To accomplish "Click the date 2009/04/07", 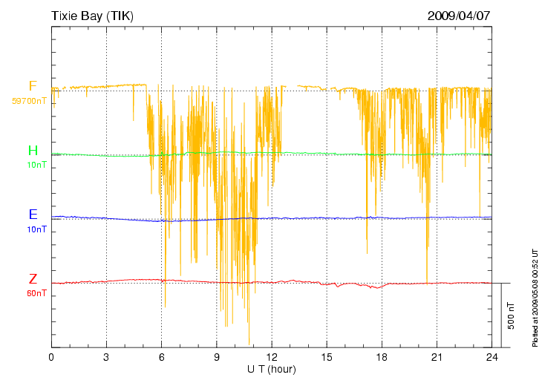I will (x=459, y=16).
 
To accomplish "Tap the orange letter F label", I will (x=33, y=86).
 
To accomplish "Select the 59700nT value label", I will (x=29, y=100).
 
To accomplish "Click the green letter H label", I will (x=33, y=151).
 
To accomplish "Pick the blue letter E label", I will (x=33, y=215).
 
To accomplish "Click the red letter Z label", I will (x=33, y=279).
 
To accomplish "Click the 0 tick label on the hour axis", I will (x=51, y=357).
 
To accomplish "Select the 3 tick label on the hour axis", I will (x=106, y=357).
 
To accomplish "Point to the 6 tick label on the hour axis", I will (x=161, y=357).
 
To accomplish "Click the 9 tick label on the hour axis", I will (x=216, y=357).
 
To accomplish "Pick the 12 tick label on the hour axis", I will (x=271, y=357).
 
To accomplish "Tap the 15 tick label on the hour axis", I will (x=326, y=357).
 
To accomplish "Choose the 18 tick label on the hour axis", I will (x=382, y=357).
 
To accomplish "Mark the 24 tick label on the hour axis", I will (x=492, y=357).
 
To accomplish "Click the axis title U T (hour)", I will (x=272, y=369).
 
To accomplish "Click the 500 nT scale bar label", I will (x=512, y=316).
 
